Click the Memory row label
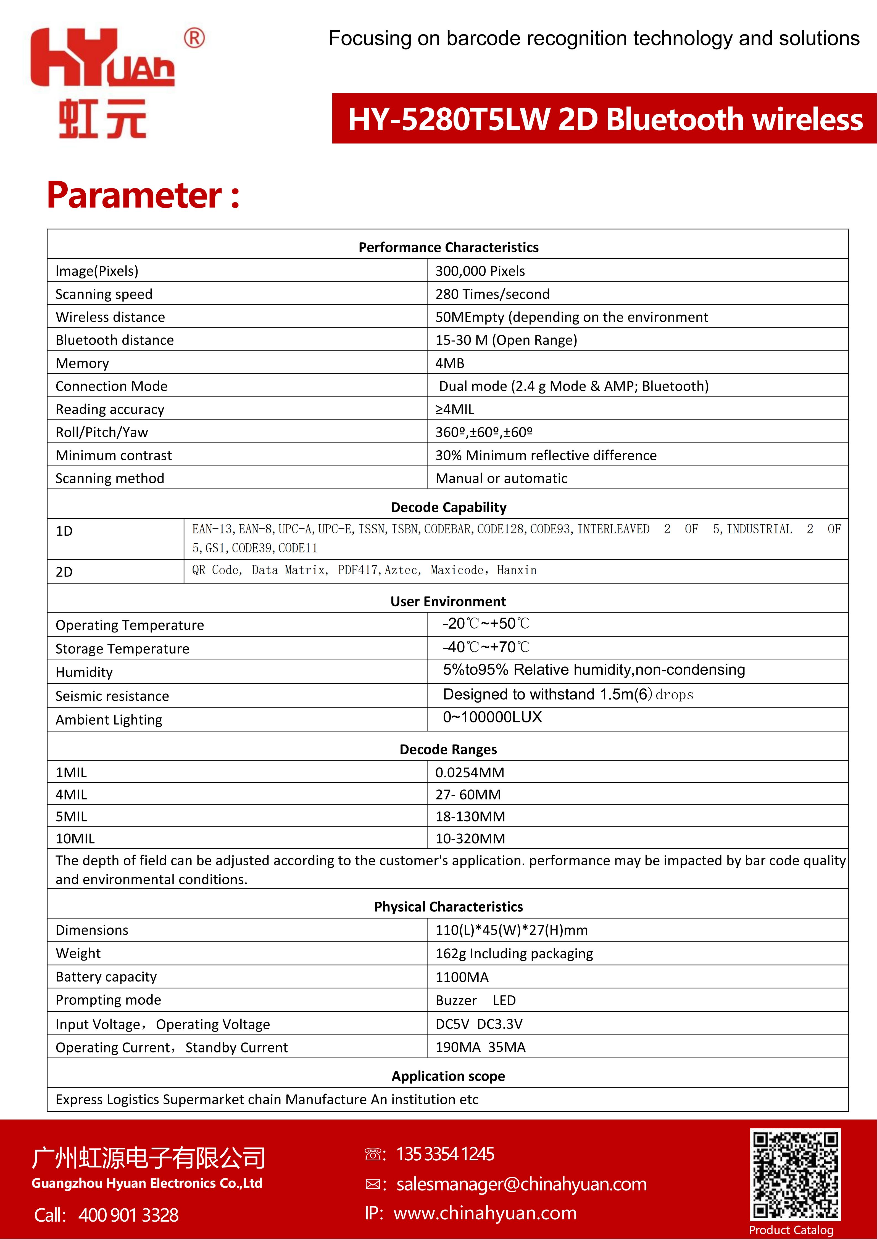click(82, 363)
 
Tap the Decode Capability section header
click(448, 507)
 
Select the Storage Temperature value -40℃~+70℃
click(486, 647)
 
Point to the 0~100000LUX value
click(492, 717)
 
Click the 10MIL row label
click(75, 839)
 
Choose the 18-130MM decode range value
click(470, 817)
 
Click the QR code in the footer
click(795, 1174)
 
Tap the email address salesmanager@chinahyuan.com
click(521, 1184)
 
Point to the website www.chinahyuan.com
click(485, 1213)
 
